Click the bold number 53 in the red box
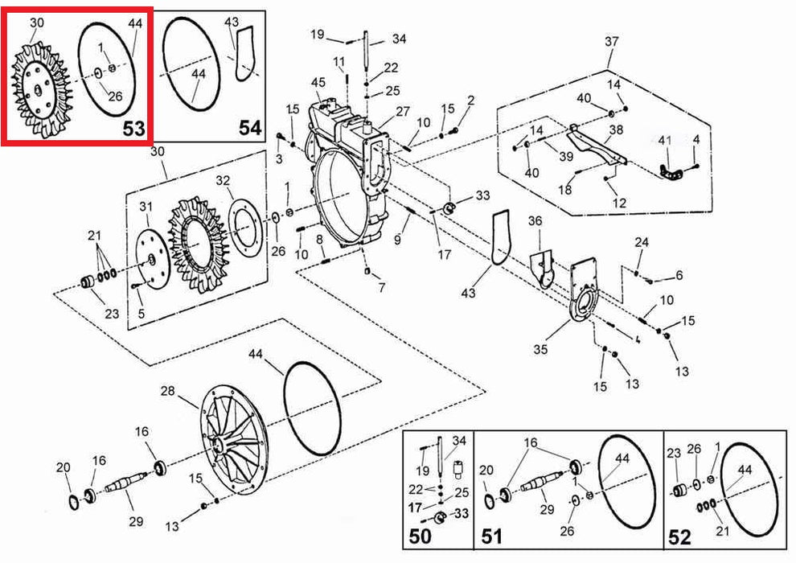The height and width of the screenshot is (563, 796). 134,129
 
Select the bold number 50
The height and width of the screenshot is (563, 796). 420,536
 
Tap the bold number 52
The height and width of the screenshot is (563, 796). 679,537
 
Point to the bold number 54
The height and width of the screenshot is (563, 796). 250,127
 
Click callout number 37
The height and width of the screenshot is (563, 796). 611,41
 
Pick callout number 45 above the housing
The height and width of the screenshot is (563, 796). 318,82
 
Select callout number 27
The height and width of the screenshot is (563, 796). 403,111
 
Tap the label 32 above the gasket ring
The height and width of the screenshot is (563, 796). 223,181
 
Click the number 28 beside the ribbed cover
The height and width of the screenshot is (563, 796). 167,391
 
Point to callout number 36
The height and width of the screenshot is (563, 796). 535,221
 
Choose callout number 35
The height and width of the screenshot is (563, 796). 540,349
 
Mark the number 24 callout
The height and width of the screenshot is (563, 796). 642,242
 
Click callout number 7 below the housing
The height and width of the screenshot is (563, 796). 382,288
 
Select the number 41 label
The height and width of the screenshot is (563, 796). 664,140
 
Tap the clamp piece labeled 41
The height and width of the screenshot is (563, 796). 671,173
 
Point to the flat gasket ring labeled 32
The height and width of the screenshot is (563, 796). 246,228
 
